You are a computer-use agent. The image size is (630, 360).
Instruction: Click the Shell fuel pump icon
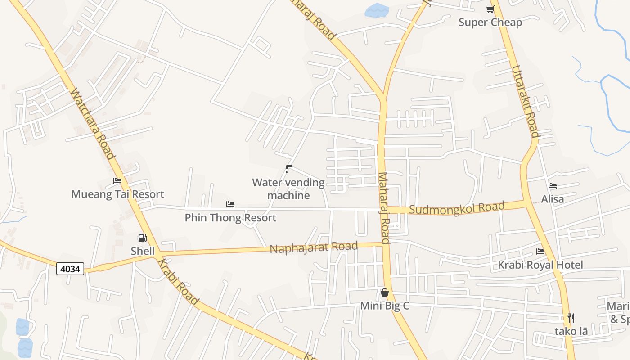(x=142, y=238)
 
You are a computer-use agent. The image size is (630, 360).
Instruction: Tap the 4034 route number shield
(x=70, y=269)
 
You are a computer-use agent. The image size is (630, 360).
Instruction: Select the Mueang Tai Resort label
(x=118, y=194)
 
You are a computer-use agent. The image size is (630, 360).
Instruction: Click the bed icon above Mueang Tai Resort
(x=117, y=181)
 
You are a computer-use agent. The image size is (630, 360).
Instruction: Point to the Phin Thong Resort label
(x=230, y=218)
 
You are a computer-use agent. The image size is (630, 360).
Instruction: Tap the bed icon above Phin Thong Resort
(x=230, y=204)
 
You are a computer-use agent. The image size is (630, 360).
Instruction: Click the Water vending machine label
(x=288, y=189)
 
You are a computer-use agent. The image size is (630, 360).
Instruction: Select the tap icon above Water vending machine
(x=289, y=169)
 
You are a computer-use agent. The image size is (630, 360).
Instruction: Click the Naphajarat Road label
(x=314, y=247)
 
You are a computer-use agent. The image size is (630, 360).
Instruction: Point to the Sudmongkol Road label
(x=457, y=209)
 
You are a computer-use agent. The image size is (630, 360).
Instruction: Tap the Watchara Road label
(x=92, y=124)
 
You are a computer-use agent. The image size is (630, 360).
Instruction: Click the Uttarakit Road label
(x=525, y=101)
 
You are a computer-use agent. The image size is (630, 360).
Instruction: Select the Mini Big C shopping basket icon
(x=385, y=292)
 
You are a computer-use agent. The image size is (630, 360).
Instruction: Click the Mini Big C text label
(x=385, y=306)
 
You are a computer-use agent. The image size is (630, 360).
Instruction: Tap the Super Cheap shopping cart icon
(x=490, y=9)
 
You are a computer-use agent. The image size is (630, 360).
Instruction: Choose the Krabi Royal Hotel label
(x=540, y=265)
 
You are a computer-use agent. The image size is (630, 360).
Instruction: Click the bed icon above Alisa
(x=553, y=185)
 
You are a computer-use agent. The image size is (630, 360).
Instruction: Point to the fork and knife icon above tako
(x=571, y=318)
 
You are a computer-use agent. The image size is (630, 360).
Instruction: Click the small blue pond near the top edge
(x=376, y=10)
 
